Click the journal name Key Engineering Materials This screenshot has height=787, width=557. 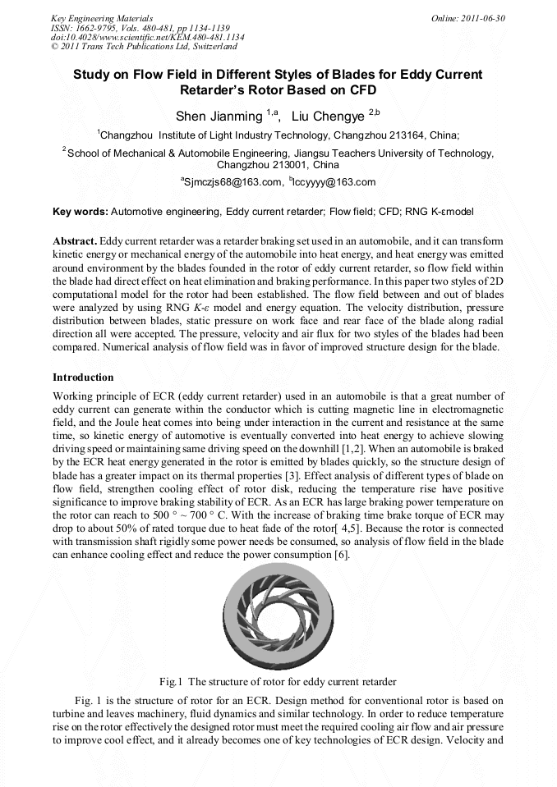pyautogui.click(x=101, y=17)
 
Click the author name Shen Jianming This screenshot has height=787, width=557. pyautogui.click(x=218, y=117)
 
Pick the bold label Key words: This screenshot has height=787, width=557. pyautogui.click(x=80, y=212)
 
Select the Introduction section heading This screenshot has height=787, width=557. pyautogui.click(x=83, y=377)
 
